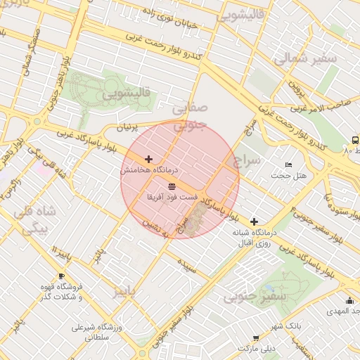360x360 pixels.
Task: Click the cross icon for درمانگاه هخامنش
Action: point(148,160)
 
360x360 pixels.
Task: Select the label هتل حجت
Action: point(293,174)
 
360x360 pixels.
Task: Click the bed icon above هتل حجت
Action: point(288,164)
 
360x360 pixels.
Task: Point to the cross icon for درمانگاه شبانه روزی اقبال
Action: point(254,221)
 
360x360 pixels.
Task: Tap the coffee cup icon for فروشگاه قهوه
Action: point(61,276)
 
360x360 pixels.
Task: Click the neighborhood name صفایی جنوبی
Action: point(189,116)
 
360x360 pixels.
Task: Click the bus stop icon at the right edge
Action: point(354,140)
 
